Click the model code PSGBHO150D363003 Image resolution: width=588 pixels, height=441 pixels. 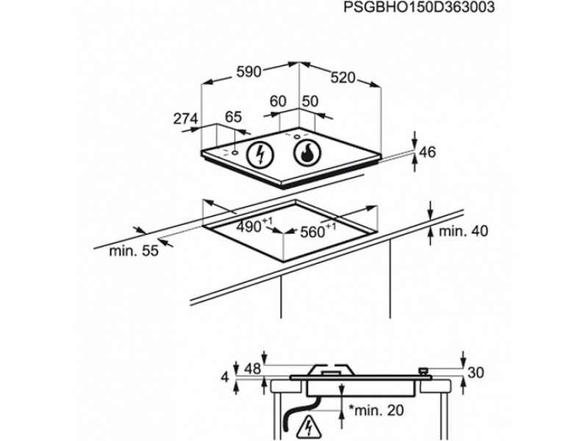point(419,7)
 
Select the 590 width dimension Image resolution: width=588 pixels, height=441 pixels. point(248,71)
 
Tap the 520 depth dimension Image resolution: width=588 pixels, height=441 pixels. point(343,77)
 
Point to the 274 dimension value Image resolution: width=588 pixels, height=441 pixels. point(185,118)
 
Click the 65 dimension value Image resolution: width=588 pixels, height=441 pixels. point(233,117)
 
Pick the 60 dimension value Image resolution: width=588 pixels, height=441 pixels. point(278,101)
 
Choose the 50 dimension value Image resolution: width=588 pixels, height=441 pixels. point(309,101)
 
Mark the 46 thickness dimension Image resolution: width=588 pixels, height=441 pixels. point(427,152)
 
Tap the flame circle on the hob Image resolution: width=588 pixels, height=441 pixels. point(307,152)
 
